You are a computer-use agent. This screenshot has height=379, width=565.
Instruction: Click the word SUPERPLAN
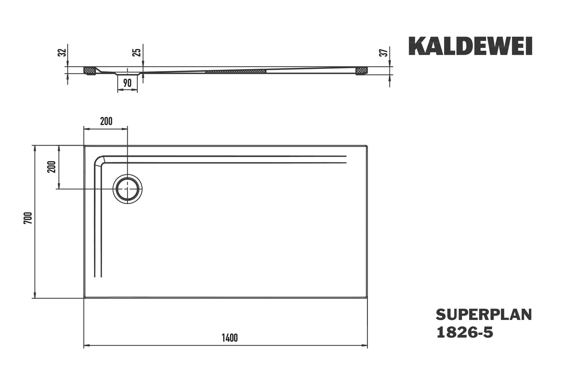(x=484, y=315)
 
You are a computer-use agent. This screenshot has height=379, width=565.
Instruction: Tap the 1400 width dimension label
(x=230, y=338)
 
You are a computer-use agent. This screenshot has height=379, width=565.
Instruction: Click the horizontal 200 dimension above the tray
(x=106, y=121)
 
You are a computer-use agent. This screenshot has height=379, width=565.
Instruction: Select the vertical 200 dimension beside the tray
(x=52, y=167)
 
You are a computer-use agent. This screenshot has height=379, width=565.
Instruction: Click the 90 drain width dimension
(x=127, y=83)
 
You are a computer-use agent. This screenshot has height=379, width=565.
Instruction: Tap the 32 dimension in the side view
(x=63, y=52)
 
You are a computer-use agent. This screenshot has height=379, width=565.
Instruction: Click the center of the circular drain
(x=127, y=189)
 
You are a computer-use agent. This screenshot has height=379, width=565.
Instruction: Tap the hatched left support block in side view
(x=90, y=71)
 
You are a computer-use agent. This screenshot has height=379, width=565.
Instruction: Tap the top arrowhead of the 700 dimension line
(x=35, y=148)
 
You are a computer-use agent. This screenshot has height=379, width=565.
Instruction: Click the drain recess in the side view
(x=127, y=74)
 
